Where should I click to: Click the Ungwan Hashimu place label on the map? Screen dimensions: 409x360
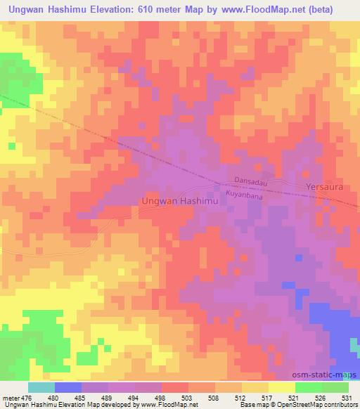[181, 200]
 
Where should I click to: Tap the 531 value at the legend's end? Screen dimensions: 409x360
[346, 397]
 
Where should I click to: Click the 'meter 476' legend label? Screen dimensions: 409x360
[17, 397]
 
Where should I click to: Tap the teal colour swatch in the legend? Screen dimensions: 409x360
[41, 387]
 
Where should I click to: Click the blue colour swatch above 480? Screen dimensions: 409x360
[68, 387]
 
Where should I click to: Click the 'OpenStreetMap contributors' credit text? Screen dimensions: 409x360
[321, 405]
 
